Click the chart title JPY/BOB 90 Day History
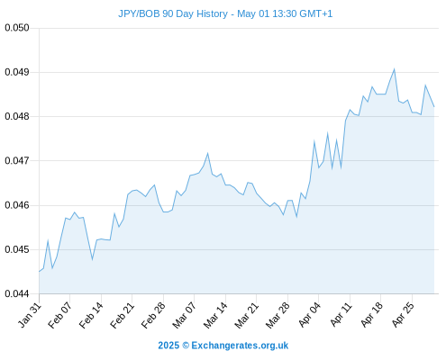point(173,13)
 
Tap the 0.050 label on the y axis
point(17,28)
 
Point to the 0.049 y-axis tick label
point(17,72)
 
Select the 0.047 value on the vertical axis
point(17,161)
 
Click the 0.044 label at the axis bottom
point(17,293)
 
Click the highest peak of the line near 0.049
point(394,69)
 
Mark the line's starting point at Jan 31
point(39,272)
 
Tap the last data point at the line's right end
point(434,106)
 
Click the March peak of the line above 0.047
point(207,153)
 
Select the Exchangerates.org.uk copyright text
point(240,346)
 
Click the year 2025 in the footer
point(168,346)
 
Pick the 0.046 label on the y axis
point(17,205)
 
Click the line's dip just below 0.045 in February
point(92,259)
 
